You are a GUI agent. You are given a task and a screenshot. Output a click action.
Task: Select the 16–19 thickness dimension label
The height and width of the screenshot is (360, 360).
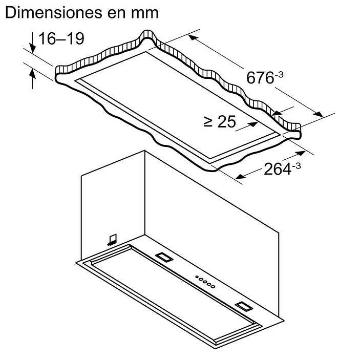pos(61,39)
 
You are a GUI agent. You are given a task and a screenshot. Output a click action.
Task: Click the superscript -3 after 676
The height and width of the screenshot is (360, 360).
pos(279,75)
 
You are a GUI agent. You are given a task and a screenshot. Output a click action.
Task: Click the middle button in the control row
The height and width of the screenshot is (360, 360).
pos(204,281)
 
